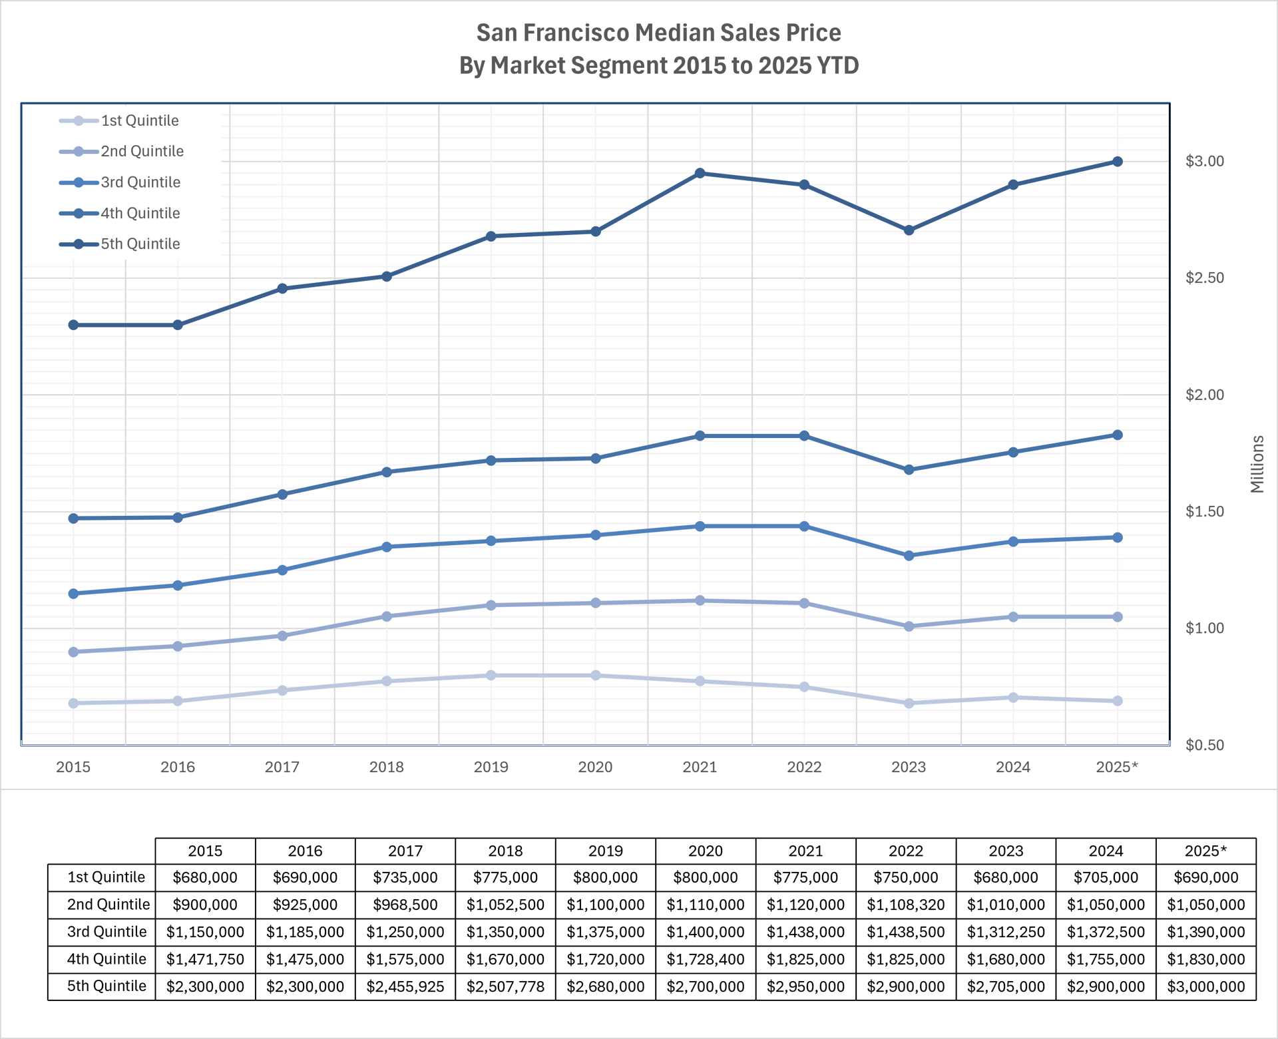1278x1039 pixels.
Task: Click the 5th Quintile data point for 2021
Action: [x=700, y=173]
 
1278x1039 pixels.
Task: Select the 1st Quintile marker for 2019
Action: [x=491, y=676]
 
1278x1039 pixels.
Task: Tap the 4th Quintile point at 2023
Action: [x=909, y=470]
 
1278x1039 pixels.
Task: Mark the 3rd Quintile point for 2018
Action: [x=387, y=547]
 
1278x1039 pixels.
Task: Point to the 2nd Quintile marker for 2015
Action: [x=73, y=652]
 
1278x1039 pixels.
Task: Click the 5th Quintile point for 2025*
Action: [x=1118, y=162]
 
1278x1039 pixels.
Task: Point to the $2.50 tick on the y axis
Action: [x=1204, y=278]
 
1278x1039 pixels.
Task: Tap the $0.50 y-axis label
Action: [x=1204, y=745]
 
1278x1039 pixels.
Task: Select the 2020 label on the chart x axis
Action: [x=595, y=767]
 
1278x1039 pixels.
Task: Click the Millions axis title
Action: [x=1257, y=464]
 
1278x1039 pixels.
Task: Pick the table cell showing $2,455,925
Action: [x=405, y=986]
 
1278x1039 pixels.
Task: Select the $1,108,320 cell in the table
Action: [x=906, y=905]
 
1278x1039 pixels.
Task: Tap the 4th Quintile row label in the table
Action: [x=106, y=959]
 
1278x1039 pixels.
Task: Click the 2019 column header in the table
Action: [x=606, y=851]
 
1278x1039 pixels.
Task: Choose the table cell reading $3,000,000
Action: [x=1205, y=986]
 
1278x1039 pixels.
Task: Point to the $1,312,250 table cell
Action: [x=1006, y=932]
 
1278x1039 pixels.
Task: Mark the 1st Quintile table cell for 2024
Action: [x=1106, y=878]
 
